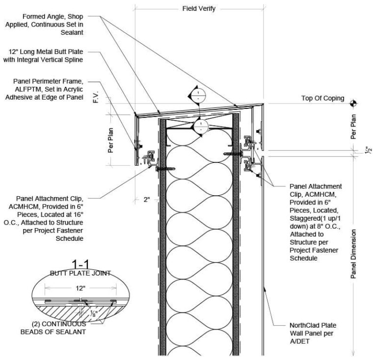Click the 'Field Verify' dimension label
tap(199, 9)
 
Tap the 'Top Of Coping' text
tap(323, 98)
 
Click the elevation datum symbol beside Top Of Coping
tap(353, 103)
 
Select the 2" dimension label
tap(146, 200)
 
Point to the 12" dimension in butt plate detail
tap(81, 288)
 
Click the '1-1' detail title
tap(81, 265)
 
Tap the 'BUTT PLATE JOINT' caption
tap(81, 273)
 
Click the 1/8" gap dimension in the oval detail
tap(94, 313)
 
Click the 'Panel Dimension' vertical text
tap(353, 254)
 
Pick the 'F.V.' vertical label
tap(96, 97)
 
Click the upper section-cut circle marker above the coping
tap(198, 95)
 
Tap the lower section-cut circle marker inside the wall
tap(201, 127)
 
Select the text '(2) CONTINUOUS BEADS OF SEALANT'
tap(53, 328)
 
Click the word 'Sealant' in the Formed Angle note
tap(72, 32)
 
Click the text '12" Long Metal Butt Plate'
tap(46, 52)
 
